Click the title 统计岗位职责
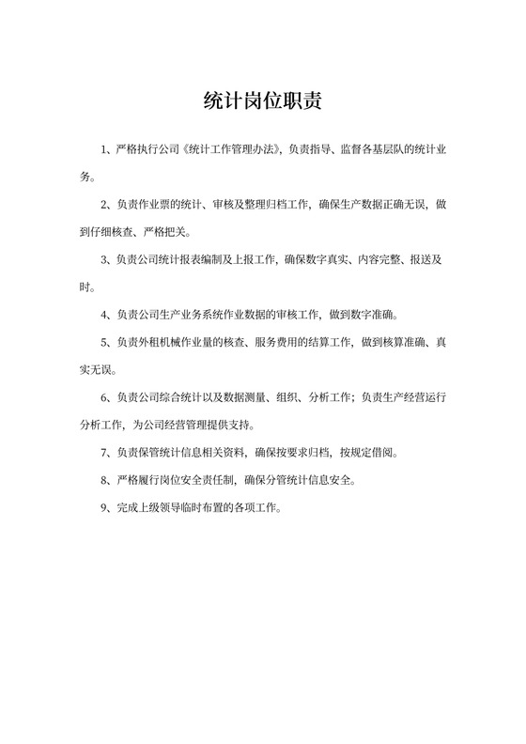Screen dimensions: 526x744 pos(263,101)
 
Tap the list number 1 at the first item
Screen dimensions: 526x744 pos(105,150)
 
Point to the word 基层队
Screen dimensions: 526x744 pos(387,150)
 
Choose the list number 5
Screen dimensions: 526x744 pos(105,341)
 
